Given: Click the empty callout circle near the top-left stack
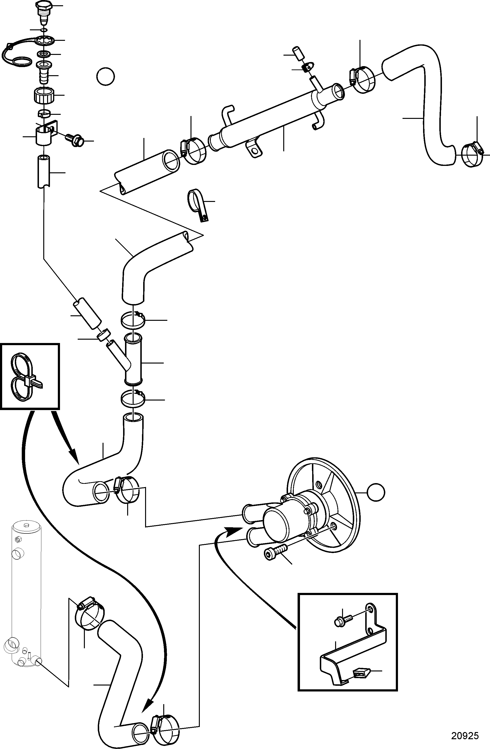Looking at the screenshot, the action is click(x=106, y=76).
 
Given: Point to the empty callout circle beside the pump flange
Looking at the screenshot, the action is click(x=375, y=493).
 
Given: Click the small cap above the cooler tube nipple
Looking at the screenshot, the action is click(x=298, y=53).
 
